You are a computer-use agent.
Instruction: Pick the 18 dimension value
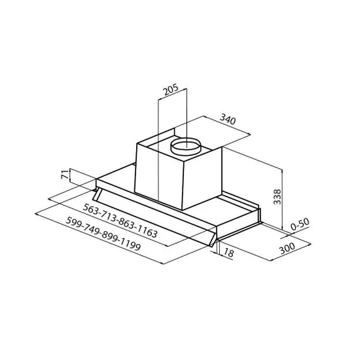tap(228, 253)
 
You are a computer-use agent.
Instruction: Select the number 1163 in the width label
tap(145, 230)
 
